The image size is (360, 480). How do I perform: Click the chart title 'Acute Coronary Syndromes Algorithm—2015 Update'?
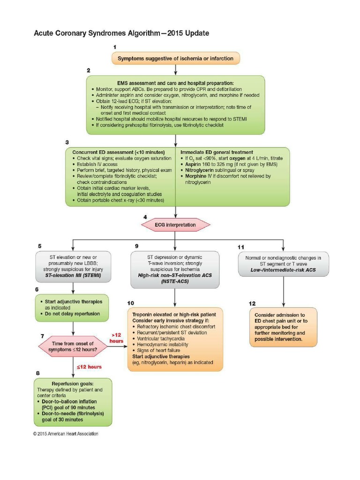(121, 33)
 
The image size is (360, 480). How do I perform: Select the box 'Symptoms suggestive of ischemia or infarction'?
(175, 59)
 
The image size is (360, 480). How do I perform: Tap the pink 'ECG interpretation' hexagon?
(175, 225)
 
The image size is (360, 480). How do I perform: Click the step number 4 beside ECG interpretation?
(145, 217)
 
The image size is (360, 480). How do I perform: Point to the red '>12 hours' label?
(117, 338)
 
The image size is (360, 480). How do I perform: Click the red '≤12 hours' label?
(89, 366)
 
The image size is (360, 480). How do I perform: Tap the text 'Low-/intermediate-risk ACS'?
(283, 270)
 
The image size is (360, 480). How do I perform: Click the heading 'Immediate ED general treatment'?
(217, 152)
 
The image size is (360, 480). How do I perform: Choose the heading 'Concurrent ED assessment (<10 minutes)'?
(118, 152)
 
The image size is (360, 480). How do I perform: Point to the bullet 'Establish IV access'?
(98, 165)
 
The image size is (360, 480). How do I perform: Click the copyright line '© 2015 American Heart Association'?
(66, 434)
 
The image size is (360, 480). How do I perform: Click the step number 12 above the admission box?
(253, 303)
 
